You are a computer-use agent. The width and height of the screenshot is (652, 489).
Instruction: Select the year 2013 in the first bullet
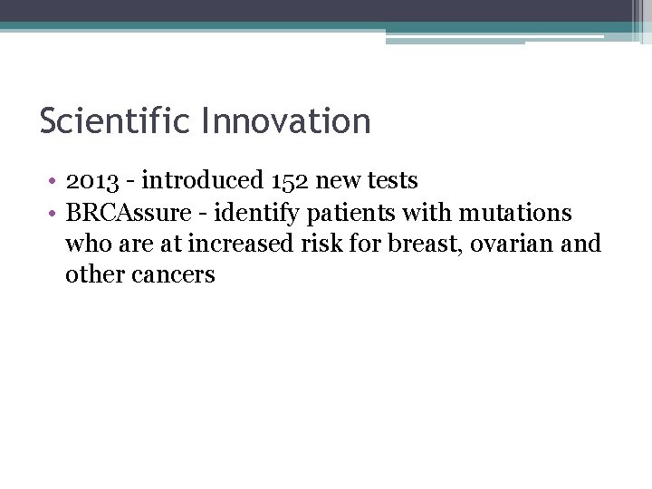(x=91, y=181)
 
